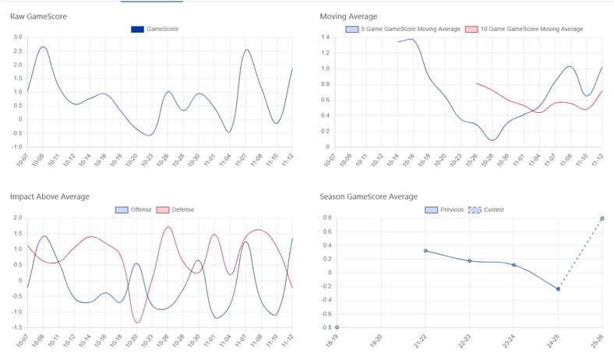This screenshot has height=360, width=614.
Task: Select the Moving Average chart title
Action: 348,16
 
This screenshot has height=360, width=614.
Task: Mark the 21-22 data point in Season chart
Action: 425,251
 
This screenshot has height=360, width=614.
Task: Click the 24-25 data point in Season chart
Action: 558,289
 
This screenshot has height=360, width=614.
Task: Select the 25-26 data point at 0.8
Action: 602,218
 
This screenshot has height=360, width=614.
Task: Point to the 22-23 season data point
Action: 470,261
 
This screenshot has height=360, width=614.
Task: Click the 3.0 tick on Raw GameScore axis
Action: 18,37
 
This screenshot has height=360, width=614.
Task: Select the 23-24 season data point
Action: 514,265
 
